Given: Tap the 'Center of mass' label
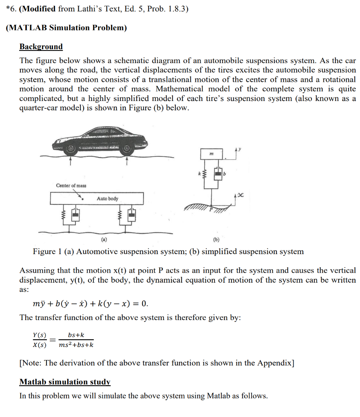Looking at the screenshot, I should [x=71, y=186].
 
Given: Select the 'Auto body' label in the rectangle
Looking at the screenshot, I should [x=108, y=199].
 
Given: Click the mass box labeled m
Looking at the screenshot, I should [x=211, y=154].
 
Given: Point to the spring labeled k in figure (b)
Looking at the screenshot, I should [x=205, y=174].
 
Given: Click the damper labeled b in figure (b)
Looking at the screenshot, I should [x=219, y=174].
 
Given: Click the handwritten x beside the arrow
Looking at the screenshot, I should [x=241, y=196].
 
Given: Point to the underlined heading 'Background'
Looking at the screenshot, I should [x=41, y=46].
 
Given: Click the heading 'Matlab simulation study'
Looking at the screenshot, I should [x=65, y=382].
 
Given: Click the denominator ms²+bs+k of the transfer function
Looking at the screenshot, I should [x=76, y=345].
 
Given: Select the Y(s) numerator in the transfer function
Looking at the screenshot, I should [x=40, y=335].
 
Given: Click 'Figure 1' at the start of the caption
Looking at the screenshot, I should [x=47, y=251].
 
